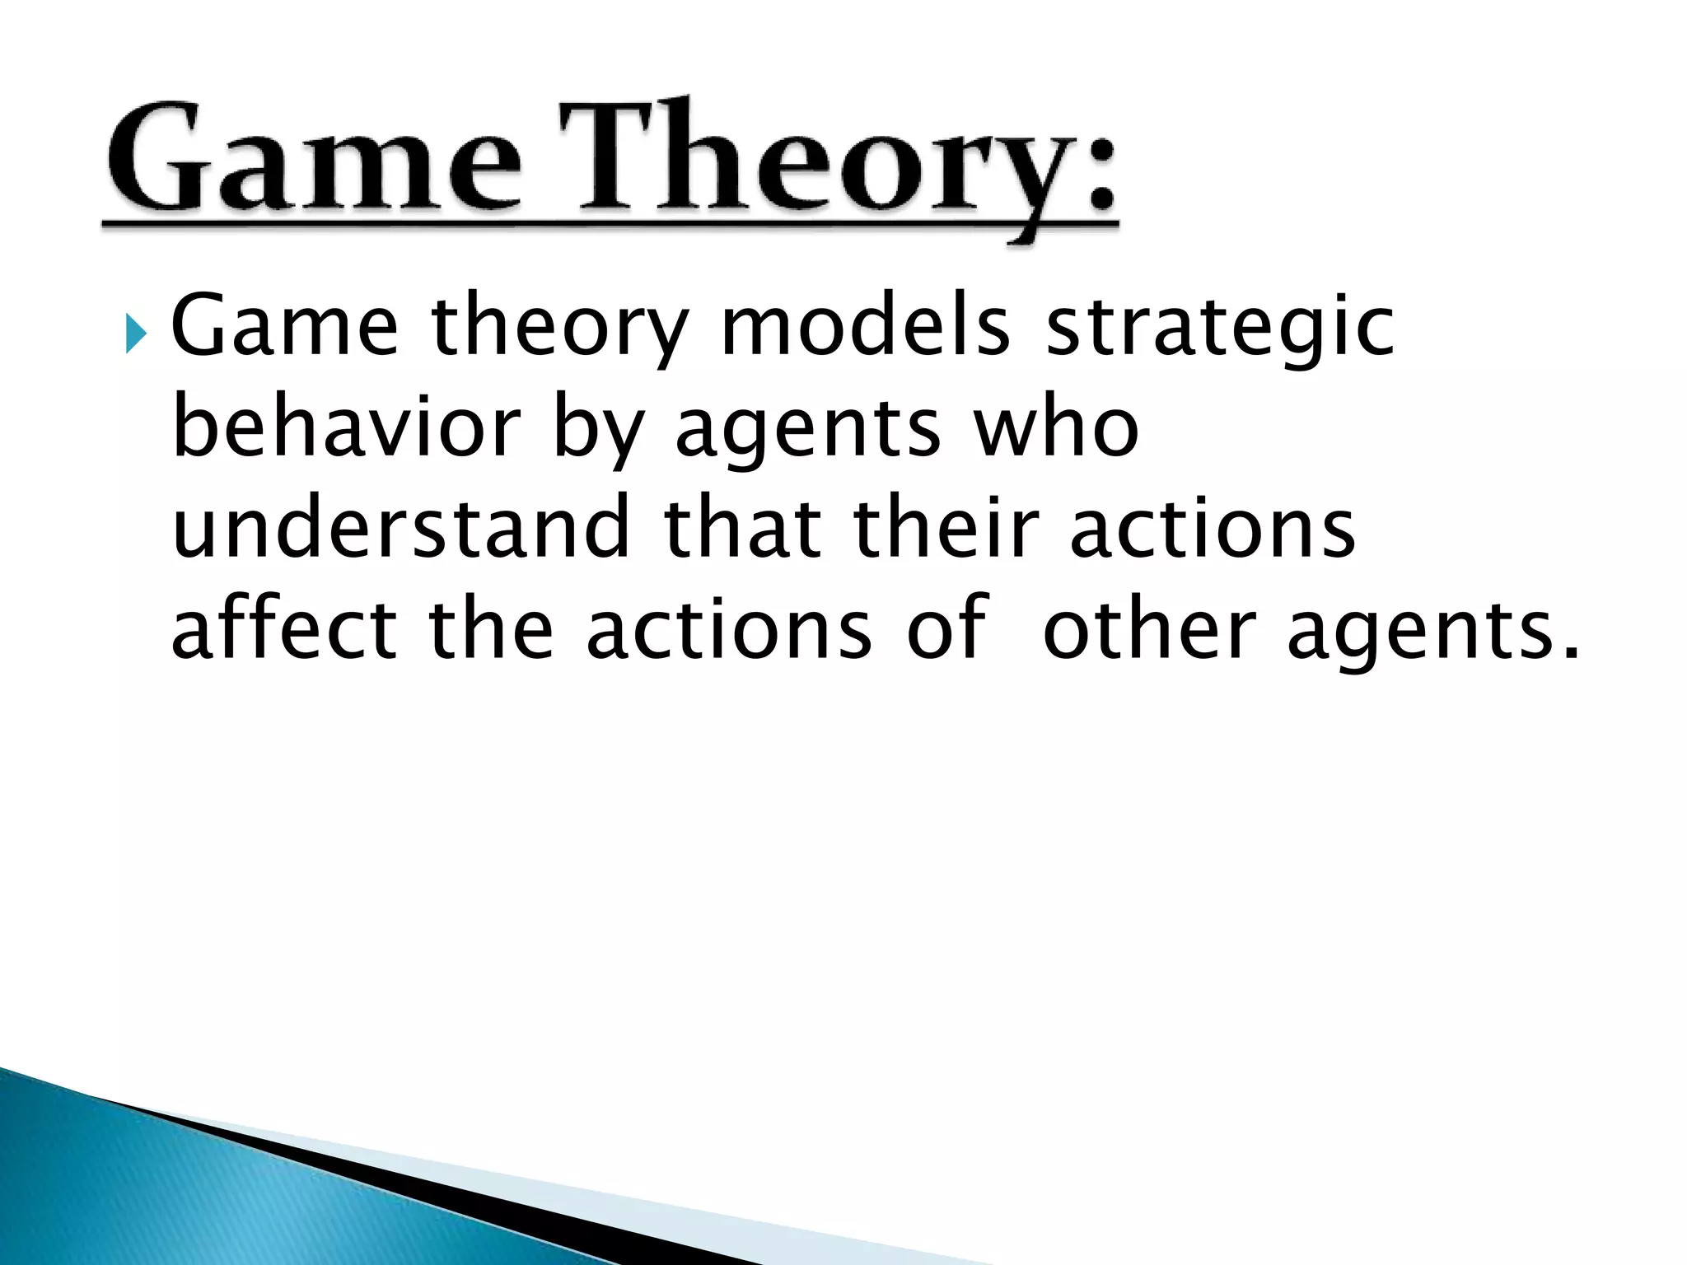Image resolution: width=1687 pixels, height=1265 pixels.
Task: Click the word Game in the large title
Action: click(313, 156)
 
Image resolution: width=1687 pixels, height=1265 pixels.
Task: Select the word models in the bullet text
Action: click(865, 327)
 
